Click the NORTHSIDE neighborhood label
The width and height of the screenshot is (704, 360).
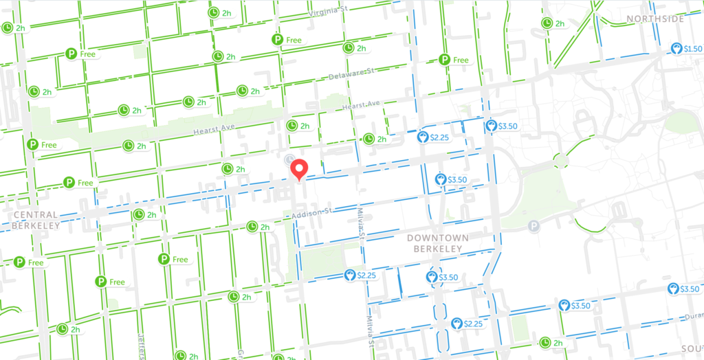[654, 19]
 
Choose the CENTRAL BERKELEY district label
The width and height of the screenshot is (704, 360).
[36, 220]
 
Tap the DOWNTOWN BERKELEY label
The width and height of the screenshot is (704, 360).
[437, 243]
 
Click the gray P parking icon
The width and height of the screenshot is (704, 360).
[533, 225]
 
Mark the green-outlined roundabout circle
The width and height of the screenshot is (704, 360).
[562, 161]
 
